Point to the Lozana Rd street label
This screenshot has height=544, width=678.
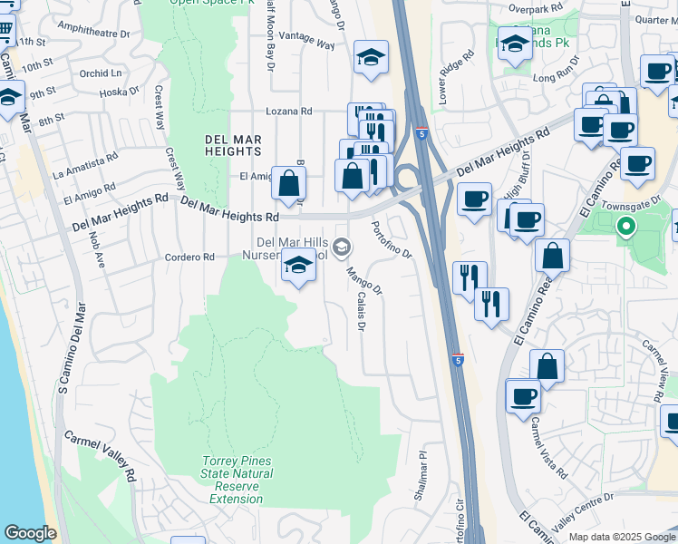pyautogui.click(x=288, y=112)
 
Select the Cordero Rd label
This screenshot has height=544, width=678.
pyautogui.click(x=189, y=257)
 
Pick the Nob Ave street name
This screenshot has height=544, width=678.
pyautogui.click(x=96, y=251)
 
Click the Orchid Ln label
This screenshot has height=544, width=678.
pyautogui.click(x=100, y=73)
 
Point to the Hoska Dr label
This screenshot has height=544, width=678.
pyautogui.click(x=119, y=92)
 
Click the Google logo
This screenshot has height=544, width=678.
pyautogui.click(x=30, y=533)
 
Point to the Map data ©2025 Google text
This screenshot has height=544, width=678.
pyautogui.click(x=621, y=537)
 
